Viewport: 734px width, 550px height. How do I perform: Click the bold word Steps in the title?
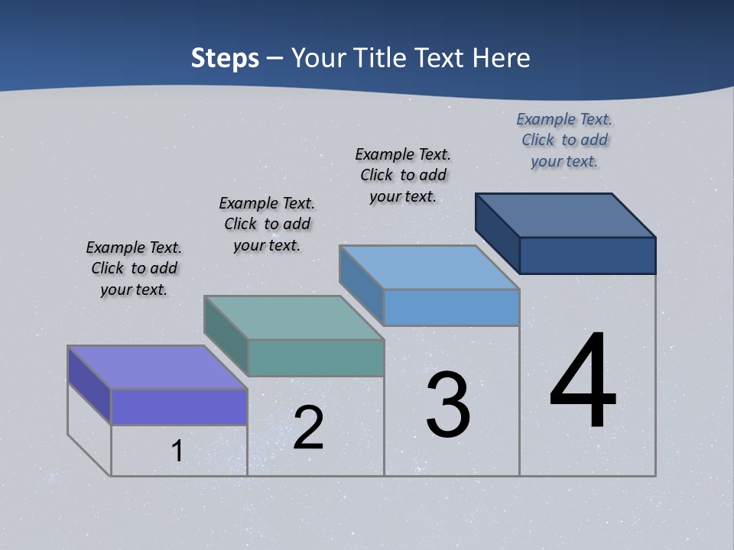(225, 58)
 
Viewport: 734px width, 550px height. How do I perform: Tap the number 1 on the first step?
(177, 451)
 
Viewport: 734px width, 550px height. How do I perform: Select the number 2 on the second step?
(308, 428)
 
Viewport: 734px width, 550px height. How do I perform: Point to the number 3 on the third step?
(448, 405)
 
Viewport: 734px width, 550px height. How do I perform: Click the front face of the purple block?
(179, 406)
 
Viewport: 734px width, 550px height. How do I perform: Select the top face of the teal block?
(294, 318)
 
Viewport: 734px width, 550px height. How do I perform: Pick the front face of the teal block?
(316, 357)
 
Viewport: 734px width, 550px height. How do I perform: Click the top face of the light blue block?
(430, 267)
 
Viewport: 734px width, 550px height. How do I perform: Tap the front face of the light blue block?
(451, 307)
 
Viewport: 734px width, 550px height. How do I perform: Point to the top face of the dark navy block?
(566, 215)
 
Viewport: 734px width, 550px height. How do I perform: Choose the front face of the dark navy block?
(587, 255)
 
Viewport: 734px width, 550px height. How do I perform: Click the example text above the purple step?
(134, 268)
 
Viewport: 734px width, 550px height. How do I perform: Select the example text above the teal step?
(267, 224)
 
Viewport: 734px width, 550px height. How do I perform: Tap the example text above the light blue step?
(403, 175)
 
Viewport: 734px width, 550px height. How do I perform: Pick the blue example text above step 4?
(564, 140)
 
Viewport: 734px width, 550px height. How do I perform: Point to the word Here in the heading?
(505, 58)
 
